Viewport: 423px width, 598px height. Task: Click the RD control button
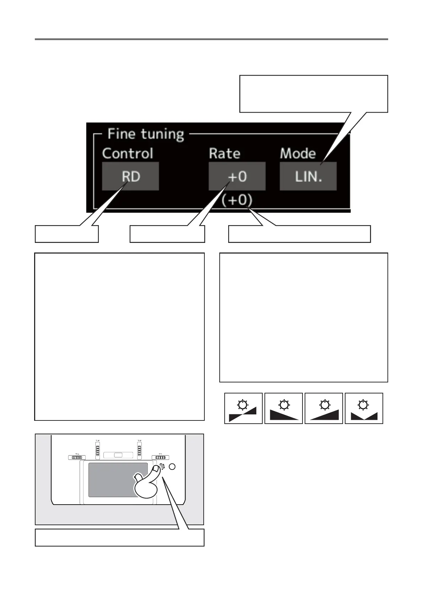coord(130,176)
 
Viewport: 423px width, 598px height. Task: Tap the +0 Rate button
coord(237,176)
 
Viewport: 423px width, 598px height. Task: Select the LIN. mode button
coord(308,176)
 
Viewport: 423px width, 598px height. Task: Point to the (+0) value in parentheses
coord(237,200)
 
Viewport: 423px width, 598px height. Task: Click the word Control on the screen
coord(128,153)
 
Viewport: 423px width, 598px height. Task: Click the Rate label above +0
coord(224,153)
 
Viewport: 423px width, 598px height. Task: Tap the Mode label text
coord(298,153)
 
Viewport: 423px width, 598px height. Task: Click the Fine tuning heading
coord(146,134)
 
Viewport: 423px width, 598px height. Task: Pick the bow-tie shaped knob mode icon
coord(243,408)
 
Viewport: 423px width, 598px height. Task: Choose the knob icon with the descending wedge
coord(284,408)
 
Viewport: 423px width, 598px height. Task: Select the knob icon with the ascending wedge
coord(324,408)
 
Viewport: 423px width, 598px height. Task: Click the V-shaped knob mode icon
coord(364,408)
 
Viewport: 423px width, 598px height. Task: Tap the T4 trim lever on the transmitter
coord(76,457)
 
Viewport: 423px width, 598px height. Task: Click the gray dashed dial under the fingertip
coord(162,467)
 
